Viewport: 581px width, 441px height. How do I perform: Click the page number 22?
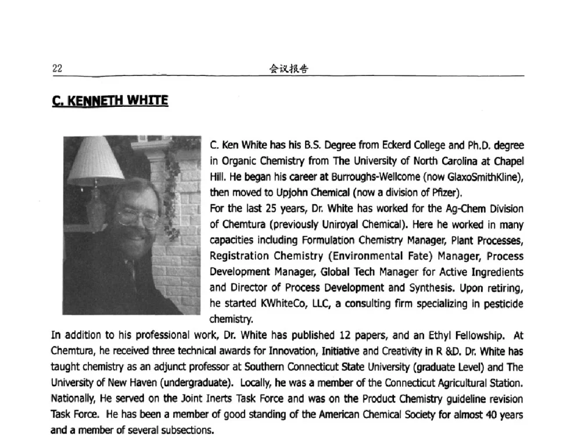pyautogui.click(x=57, y=69)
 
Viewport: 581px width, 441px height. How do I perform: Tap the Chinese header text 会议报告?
pyautogui.click(x=289, y=69)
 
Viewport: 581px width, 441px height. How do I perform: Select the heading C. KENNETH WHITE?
pyautogui.click(x=110, y=101)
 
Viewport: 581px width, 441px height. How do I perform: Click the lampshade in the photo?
pyautogui.click(x=95, y=159)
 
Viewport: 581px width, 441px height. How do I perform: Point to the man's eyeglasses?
pyautogui.click(x=139, y=217)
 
